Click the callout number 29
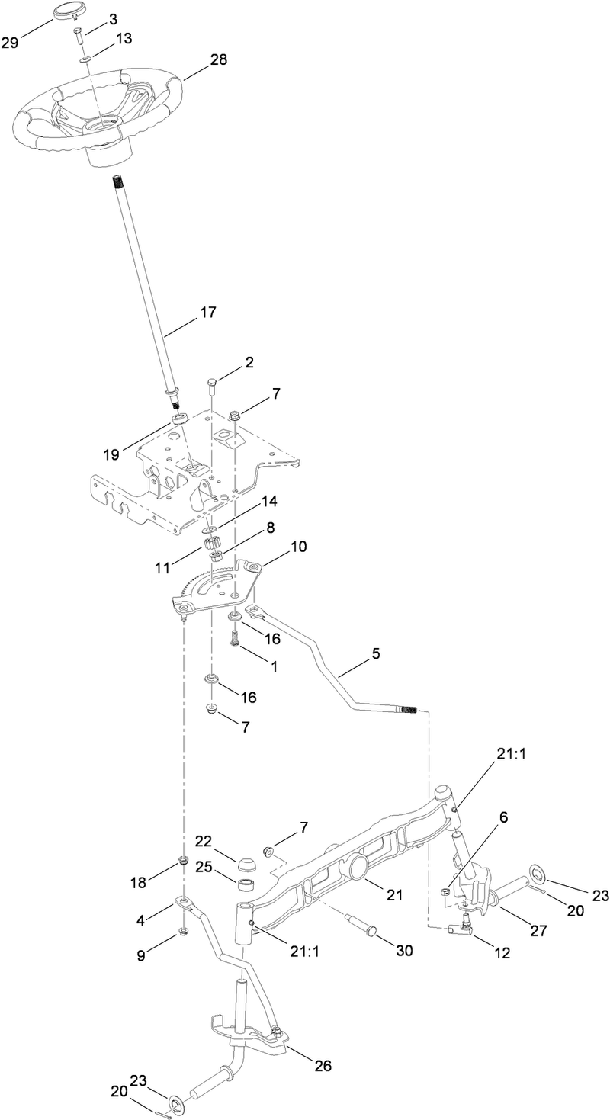(10, 43)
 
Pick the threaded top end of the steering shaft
(118, 183)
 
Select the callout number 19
(111, 455)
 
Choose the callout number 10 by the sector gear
(298, 547)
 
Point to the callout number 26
(323, 1065)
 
